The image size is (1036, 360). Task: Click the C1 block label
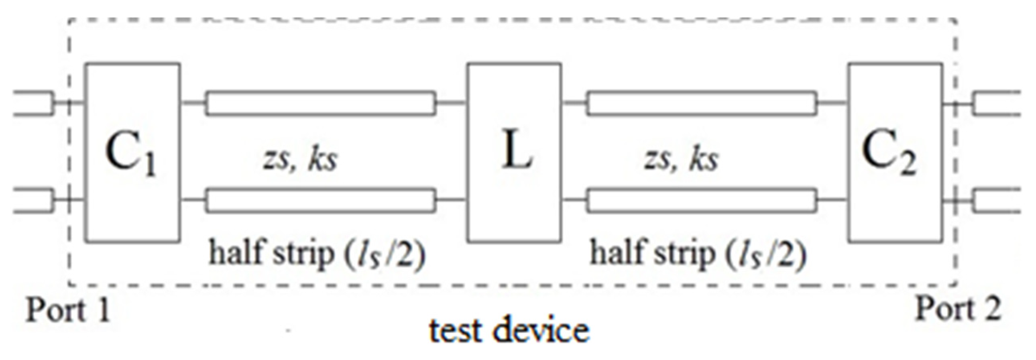131,155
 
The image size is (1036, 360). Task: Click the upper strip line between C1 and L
321,104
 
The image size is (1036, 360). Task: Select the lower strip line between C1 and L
321,200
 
